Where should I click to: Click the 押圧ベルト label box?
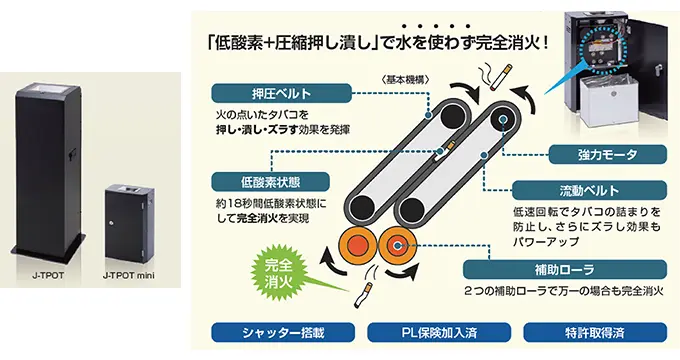pos(281,93)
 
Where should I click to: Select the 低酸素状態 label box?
pos(270,182)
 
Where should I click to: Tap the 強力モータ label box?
pos(608,155)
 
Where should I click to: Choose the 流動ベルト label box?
pos(589,190)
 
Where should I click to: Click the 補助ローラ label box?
pos(565,270)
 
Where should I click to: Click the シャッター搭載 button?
pos(283,333)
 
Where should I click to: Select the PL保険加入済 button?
pos(439,333)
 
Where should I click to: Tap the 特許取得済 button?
pos(595,333)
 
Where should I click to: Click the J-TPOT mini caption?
pos(128,275)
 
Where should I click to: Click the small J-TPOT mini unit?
pos(129,223)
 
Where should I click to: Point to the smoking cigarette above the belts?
pos(501,77)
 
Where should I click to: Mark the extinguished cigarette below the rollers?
pos(363,295)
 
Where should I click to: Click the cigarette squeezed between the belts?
pos(444,151)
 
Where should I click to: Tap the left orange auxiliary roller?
pos(357,245)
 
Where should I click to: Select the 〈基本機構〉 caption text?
pos(404,80)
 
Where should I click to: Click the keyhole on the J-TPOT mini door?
pos(112,222)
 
